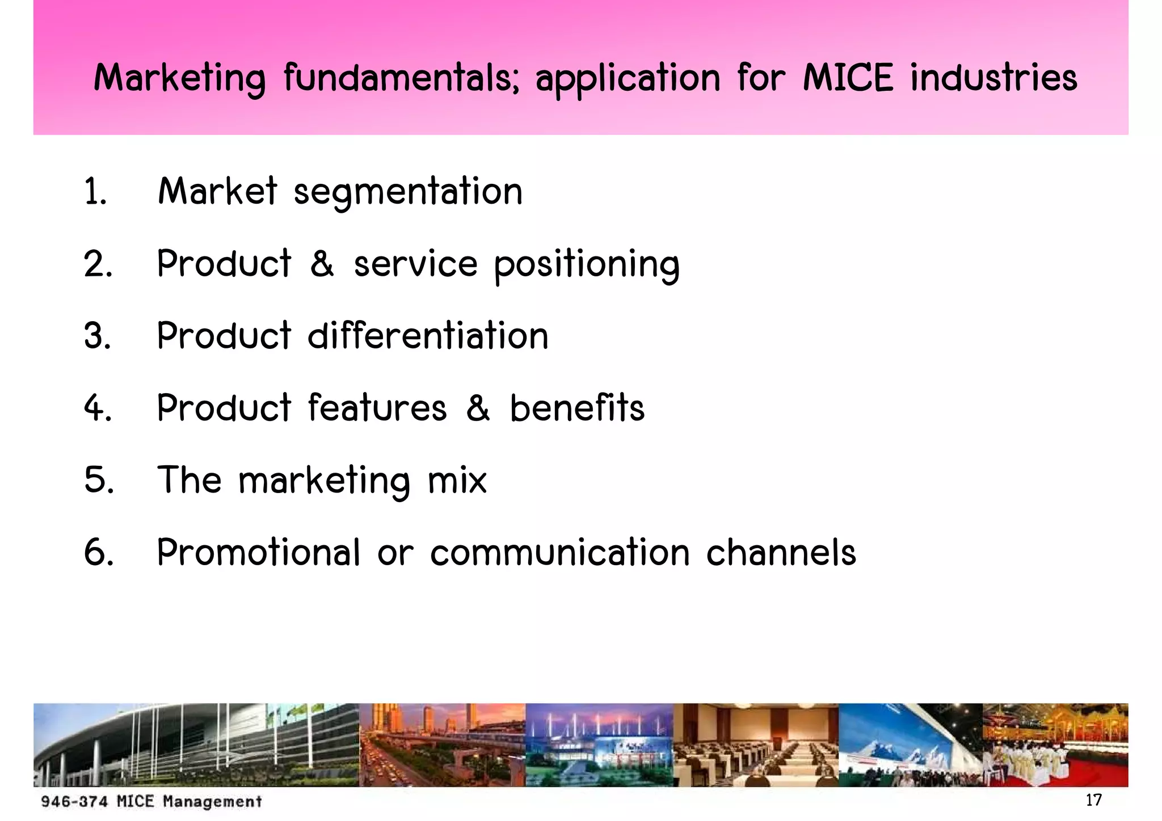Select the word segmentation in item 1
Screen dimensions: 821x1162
pyautogui.click(x=408, y=192)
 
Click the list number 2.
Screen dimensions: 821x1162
pyautogui.click(x=98, y=264)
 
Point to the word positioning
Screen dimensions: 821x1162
pyautogui.click(x=586, y=264)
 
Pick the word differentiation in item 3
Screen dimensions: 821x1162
pyautogui.click(x=428, y=336)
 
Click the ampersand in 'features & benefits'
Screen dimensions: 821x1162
pyautogui.click(x=478, y=408)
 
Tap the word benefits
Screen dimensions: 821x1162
pyautogui.click(x=577, y=408)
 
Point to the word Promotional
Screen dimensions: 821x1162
pyautogui.click(x=258, y=552)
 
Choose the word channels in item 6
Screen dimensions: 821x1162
pyautogui.click(x=781, y=552)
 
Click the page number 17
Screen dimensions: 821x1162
pyautogui.click(x=1093, y=800)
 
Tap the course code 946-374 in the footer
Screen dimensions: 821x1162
pyautogui.click(x=74, y=802)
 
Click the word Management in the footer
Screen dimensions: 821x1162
pyautogui.click(x=212, y=802)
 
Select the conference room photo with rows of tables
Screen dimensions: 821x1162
pyautogui.click(x=756, y=745)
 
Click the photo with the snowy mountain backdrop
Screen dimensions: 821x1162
pyautogui.click(x=910, y=745)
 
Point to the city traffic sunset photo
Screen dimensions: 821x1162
pyautogui.click(x=442, y=745)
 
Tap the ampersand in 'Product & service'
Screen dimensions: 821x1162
pyautogui.click(x=322, y=264)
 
